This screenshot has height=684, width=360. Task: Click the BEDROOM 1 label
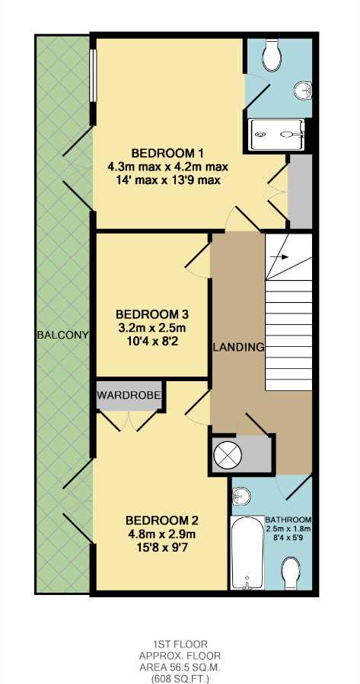click(168, 154)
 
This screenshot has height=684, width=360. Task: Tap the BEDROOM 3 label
click(152, 314)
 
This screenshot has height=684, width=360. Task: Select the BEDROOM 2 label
click(162, 520)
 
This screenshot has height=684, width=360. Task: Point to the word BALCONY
click(63, 336)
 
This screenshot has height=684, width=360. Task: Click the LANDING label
click(239, 348)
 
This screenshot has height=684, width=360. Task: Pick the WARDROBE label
click(129, 396)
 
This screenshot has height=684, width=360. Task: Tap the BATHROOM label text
click(288, 520)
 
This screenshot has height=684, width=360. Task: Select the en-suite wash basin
click(303, 91)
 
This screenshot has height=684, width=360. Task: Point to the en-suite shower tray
click(276, 135)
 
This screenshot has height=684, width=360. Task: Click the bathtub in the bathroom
click(247, 552)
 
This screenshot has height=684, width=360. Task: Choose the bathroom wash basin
click(240, 496)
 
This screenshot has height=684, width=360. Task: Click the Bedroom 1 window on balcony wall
click(93, 75)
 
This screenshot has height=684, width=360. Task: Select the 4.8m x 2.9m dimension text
click(161, 534)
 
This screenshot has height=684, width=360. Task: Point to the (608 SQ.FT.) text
click(180, 679)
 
